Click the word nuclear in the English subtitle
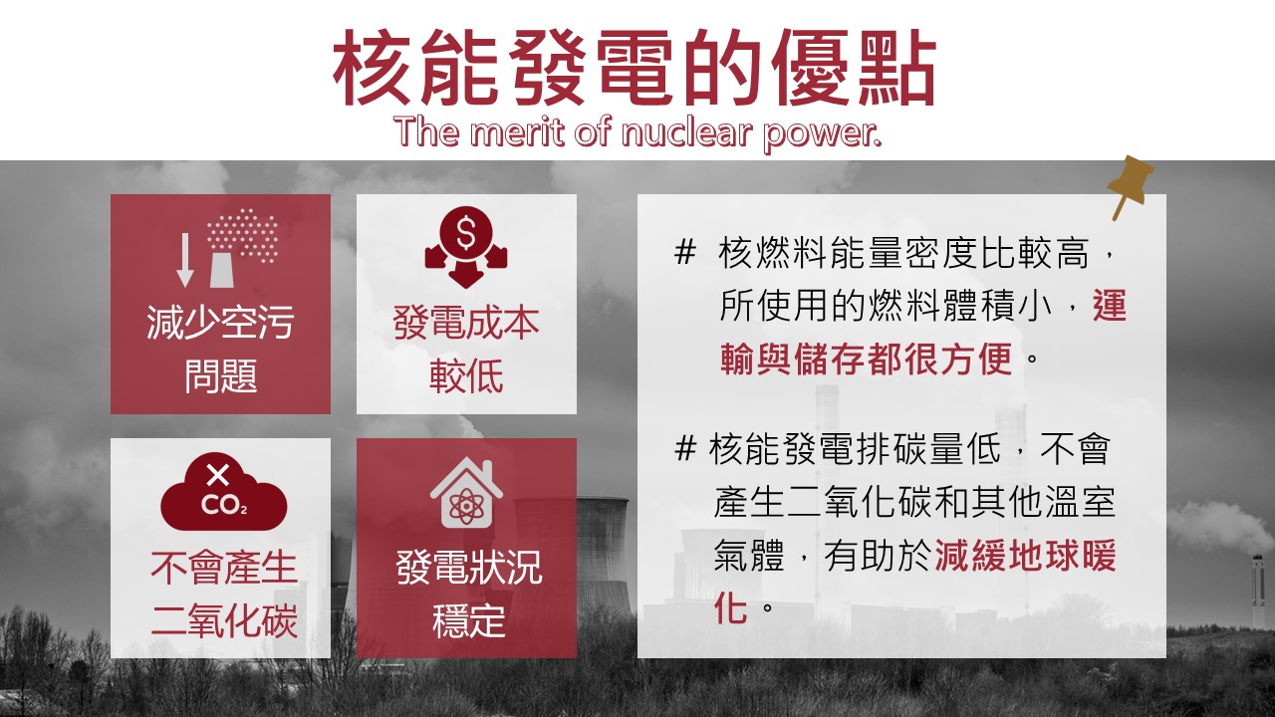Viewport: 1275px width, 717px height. pos(687,131)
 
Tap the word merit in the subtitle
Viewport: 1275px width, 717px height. pos(519,131)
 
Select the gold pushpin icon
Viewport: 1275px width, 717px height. pos(1131,185)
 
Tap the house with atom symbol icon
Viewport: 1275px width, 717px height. pos(466,492)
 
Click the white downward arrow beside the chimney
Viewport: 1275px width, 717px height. pos(185,260)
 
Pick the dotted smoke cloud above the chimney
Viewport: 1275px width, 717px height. pos(243,234)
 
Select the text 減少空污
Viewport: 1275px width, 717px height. pos(220,322)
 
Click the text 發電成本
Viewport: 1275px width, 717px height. pos(466,323)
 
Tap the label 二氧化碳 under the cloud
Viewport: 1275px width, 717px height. pos(224,620)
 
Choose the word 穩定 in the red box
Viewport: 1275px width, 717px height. pos(468,620)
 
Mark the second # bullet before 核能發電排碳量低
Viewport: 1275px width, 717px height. pos(684,447)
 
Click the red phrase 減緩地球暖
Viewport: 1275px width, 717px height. pos(1025,555)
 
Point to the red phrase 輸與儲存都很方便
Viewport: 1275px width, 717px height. pos(866,358)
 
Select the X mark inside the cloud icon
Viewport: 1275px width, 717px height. pos(217,475)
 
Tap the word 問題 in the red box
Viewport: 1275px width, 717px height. pos(221,375)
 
